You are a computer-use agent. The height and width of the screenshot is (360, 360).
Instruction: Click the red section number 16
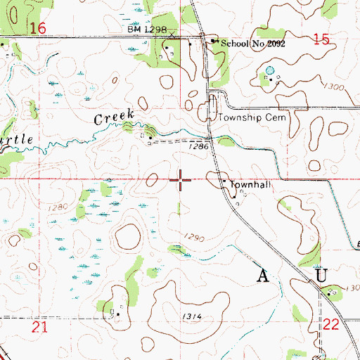tap(38, 28)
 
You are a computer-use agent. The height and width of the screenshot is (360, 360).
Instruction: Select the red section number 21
tap(39, 328)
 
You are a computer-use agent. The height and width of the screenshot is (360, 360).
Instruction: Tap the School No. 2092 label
tap(253, 43)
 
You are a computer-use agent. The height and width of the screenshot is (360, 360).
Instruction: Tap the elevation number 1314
tap(191, 317)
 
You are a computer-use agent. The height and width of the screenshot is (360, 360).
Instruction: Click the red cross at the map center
tap(181, 180)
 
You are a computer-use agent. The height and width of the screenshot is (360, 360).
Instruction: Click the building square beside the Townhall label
tap(224, 183)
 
